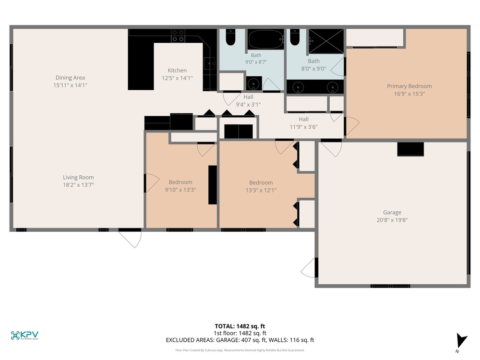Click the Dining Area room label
[x=70, y=78]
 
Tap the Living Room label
[x=78, y=177]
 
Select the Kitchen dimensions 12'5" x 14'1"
[x=177, y=78]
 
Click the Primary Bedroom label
[x=409, y=86]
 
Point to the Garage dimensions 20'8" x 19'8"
[x=392, y=220]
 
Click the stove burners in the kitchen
[x=178, y=36]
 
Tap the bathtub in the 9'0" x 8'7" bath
[x=266, y=39]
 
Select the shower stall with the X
[x=326, y=41]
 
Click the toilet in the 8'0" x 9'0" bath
[x=295, y=37]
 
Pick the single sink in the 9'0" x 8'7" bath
[x=254, y=84]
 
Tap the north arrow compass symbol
[x=461, y=341]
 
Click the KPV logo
[x=24, y=336]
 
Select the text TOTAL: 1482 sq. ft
[x=240, y=326]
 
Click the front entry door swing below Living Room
[x=131, y=238]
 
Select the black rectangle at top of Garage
[x=410, y=149]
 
